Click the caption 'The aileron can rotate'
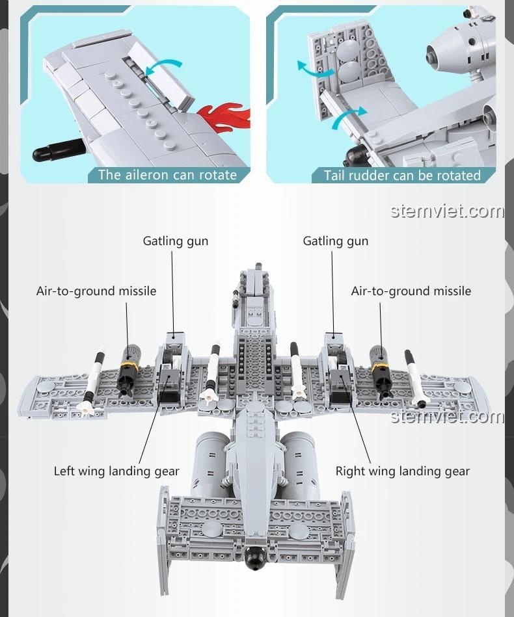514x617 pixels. click(167, 175)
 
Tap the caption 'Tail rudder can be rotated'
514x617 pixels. click(402, 176)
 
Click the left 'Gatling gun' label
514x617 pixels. click(176, 241)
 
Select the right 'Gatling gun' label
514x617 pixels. click(336, 241)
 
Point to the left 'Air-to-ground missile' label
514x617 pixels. click(96, 291)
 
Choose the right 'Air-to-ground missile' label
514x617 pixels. click(411, 291)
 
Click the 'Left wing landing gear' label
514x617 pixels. click(116, 471)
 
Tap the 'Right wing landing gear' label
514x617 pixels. click(402, 471)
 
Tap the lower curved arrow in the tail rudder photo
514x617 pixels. click(348, 118)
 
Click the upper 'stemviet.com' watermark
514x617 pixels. click(448, 211)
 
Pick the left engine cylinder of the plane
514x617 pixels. click(210, 463)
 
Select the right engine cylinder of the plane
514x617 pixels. click(300, 463)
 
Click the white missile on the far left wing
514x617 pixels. click(92, 382)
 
